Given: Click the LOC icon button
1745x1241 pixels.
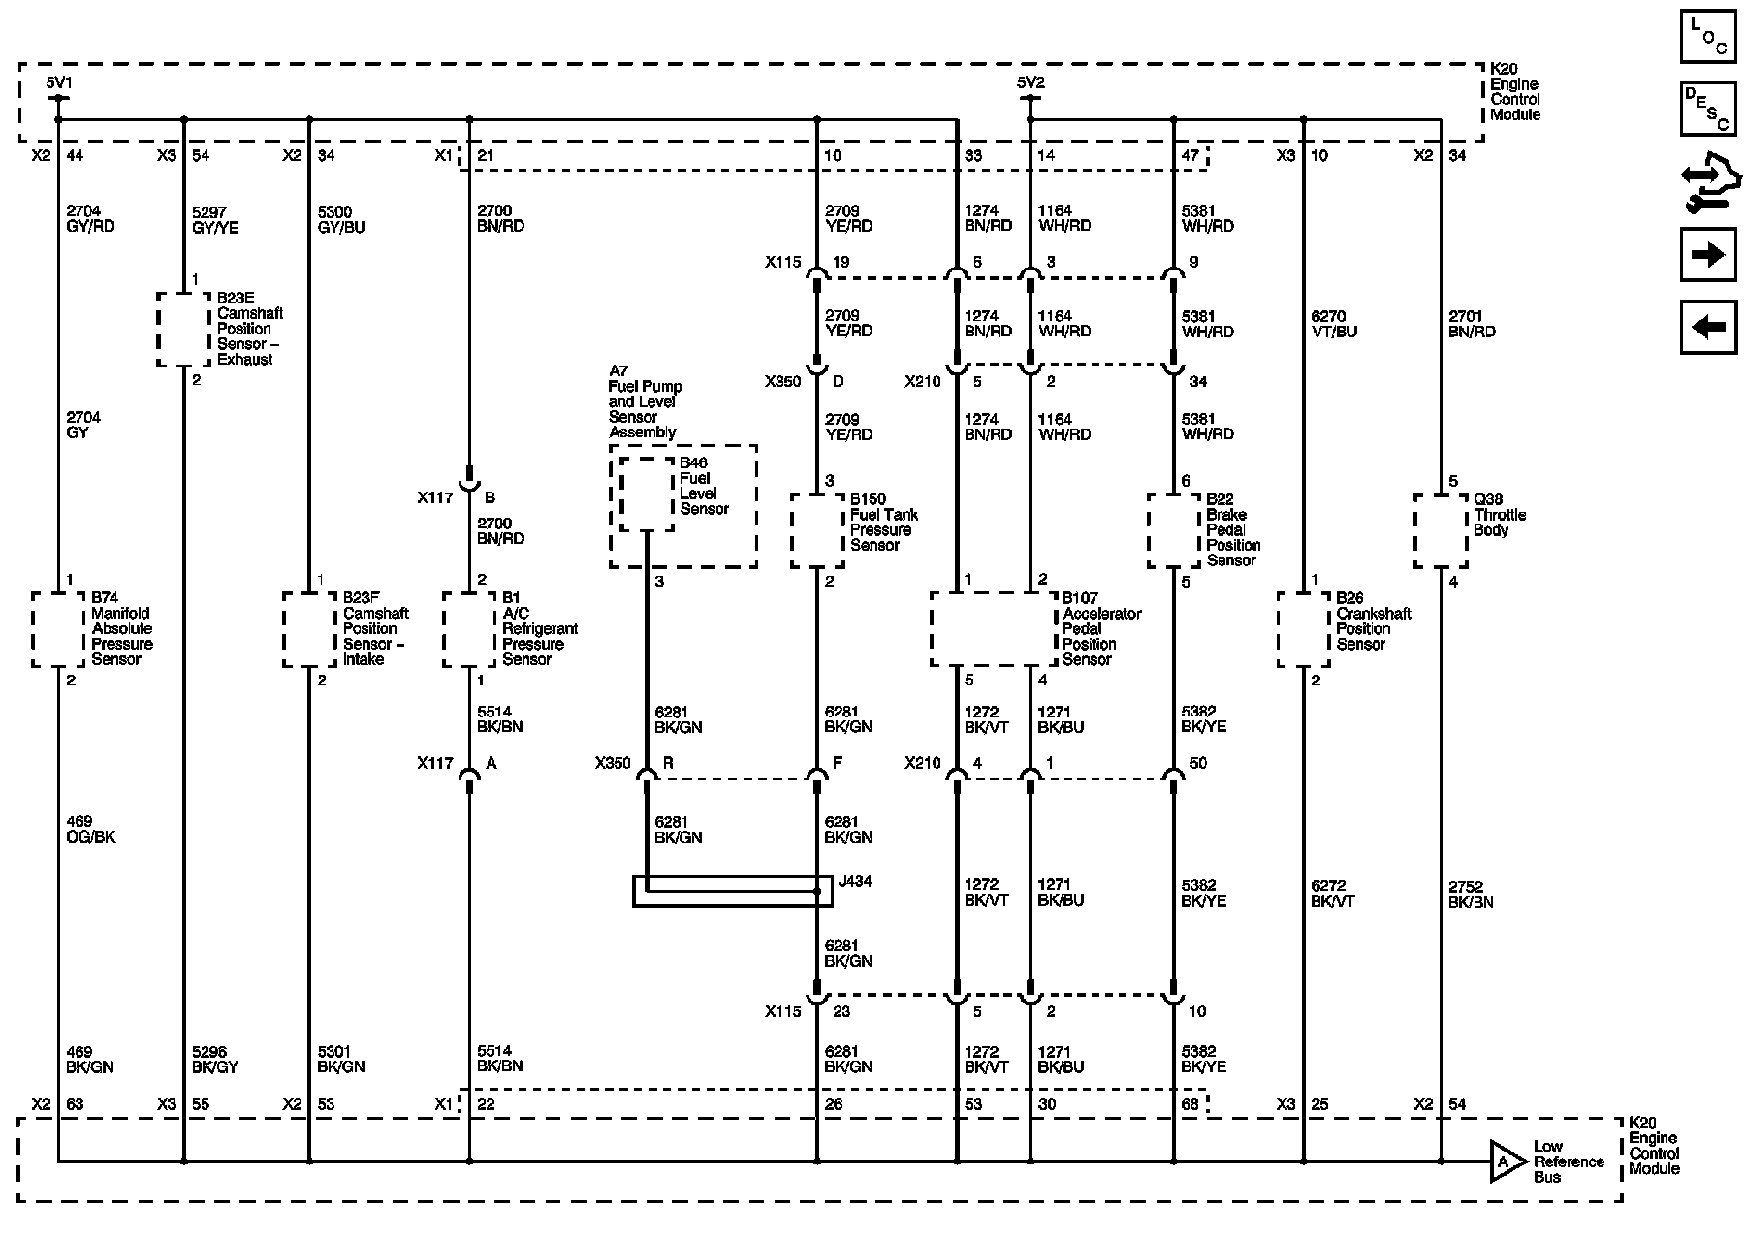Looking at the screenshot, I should coord(1708,37).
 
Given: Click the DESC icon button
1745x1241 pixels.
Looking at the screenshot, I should coord(1708,109).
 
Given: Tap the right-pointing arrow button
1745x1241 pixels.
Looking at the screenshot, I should coord(1708,255).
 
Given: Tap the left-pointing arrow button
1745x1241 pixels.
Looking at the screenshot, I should coord(1708,328).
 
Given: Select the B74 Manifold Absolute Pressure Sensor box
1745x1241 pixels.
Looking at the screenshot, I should coord(58,629).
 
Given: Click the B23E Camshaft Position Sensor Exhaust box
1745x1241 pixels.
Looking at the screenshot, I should coord(184,330).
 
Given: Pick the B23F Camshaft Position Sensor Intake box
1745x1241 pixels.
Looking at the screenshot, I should coord(309,629).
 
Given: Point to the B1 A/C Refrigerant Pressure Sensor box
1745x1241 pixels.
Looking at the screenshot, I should coord(469,629).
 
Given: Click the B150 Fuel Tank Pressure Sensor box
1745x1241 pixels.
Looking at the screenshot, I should coord(817,530).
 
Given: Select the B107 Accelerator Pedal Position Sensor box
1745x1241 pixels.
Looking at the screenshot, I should coord(993,629).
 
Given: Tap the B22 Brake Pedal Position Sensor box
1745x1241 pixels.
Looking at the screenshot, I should coord(1174,530).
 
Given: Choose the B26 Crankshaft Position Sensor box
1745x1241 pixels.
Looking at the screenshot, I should coord(1304,629).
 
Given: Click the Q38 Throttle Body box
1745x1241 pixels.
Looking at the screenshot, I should coord(1441,530).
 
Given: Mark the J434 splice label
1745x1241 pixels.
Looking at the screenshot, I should coord(856,881).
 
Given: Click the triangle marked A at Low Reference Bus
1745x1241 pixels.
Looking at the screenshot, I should coord(1506,1161).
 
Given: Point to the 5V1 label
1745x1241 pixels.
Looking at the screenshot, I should coord(59,82).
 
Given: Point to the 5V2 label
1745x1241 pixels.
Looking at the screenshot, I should coord(1031,82).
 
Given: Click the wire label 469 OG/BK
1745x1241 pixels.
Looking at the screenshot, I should coord(91,829).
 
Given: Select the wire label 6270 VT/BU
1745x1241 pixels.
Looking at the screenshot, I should coord(1334,323).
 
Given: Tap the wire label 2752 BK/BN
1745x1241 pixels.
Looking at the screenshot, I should coord(1471,894).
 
